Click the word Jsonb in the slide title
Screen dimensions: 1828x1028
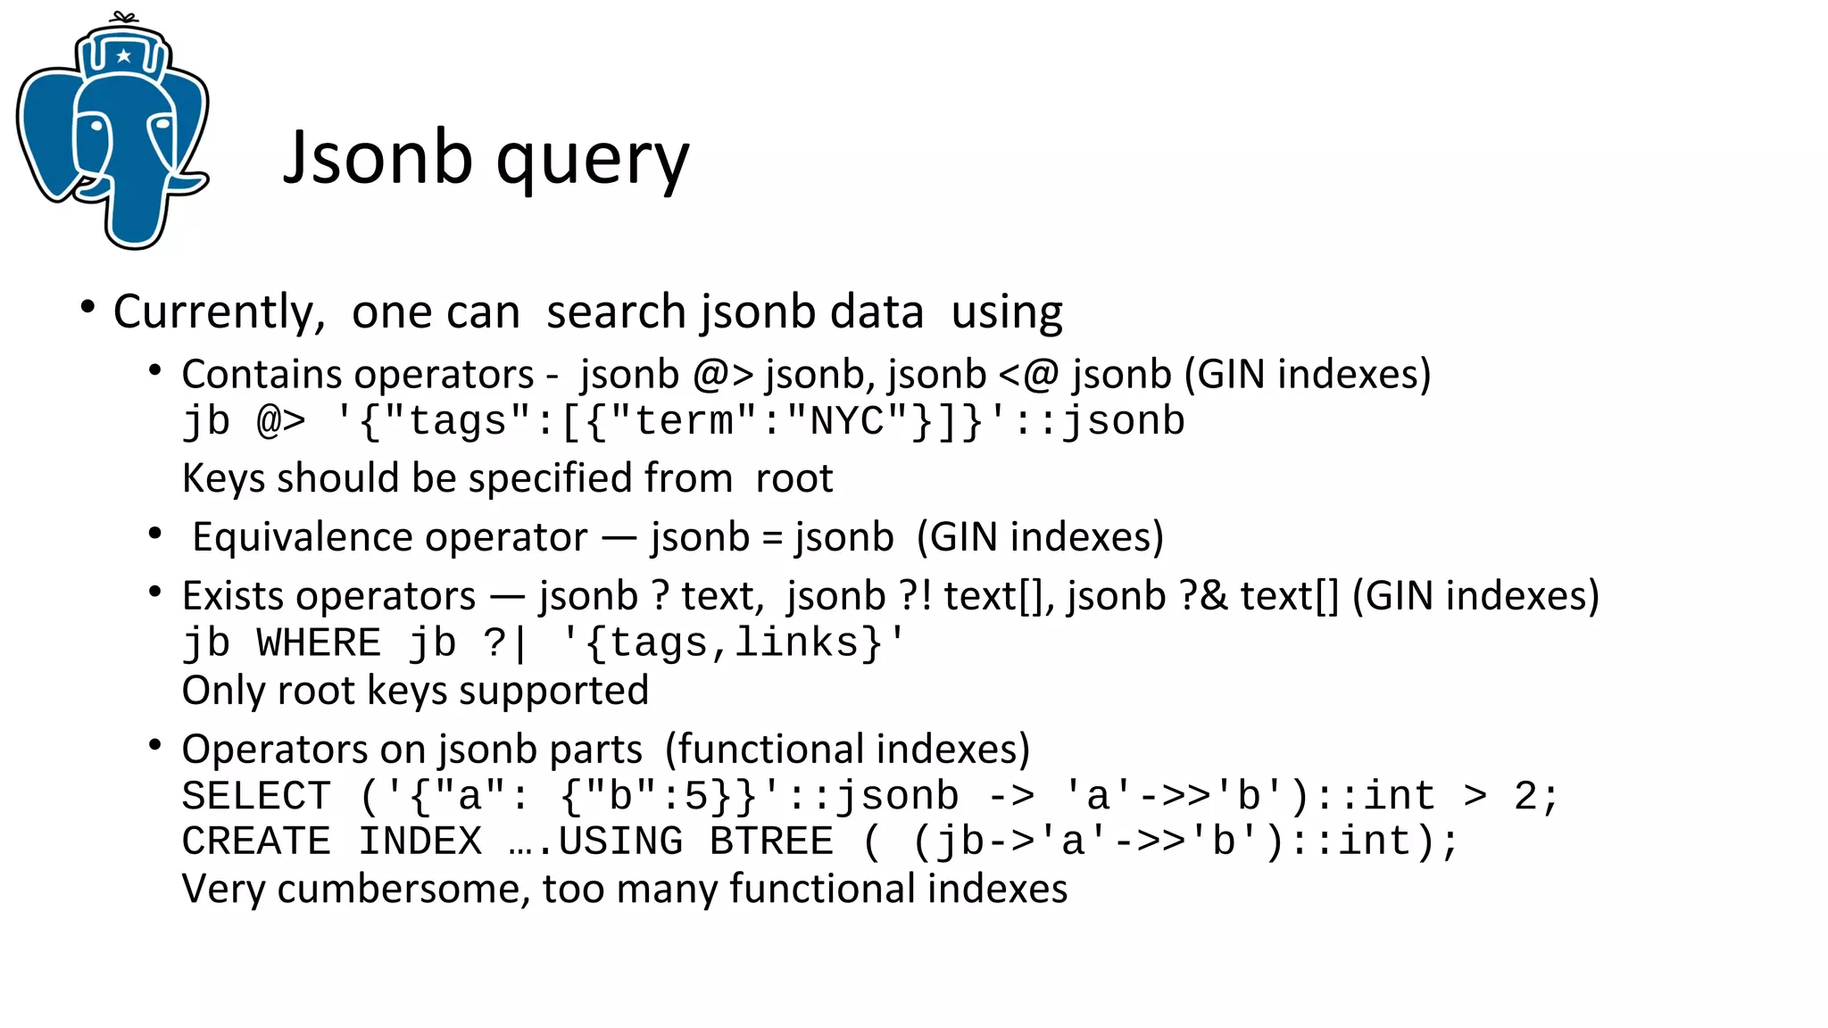(377, 157)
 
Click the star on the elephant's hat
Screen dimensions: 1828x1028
(124, 56)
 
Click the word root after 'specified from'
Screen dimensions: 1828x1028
(794, 478)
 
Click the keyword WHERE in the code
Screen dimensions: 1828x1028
(319, 643)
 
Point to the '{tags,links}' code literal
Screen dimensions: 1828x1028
(732, 643)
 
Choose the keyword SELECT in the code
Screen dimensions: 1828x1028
(256, 796)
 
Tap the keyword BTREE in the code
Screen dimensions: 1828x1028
(771, 841)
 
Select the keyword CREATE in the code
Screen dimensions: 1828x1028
(256, 841)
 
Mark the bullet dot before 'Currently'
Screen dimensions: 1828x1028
(87, 308)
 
